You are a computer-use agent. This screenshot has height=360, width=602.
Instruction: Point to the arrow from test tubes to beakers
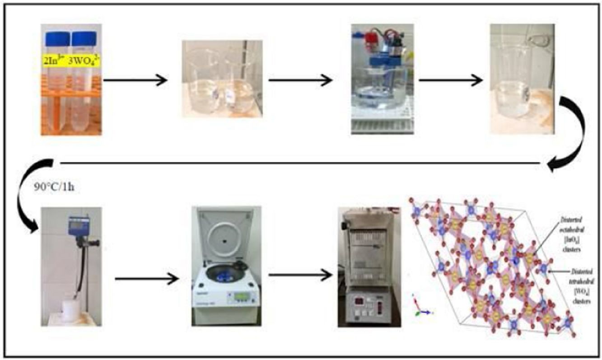tap(135, 81)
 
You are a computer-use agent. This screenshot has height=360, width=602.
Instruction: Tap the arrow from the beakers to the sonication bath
tap(300, 81)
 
